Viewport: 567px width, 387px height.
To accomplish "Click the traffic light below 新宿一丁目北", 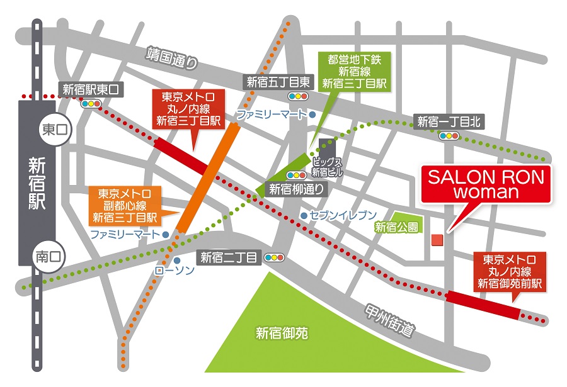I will point(449,135).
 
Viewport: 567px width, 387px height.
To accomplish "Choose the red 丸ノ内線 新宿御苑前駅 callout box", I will point(509,272).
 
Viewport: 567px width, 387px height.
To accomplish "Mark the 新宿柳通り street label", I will point(295,189).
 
